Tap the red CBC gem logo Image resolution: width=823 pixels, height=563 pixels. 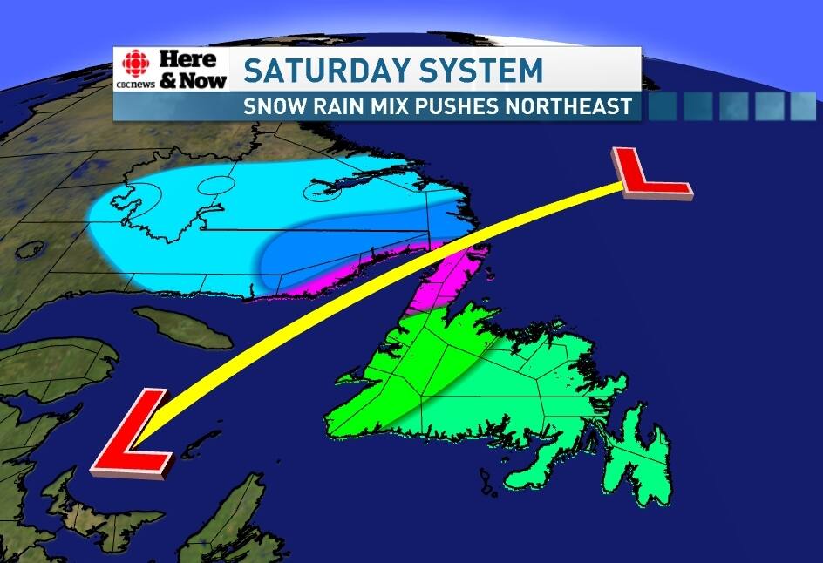(x=134, y=64)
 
